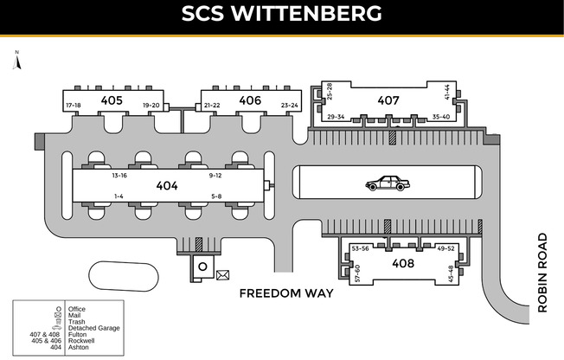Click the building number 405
112,100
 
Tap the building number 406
250,100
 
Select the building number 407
388,100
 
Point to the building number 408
403,263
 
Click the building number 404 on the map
167,186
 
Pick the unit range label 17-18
74,106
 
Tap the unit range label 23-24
290,106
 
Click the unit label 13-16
119,176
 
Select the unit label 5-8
216,196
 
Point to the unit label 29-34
336,117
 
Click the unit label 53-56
360,248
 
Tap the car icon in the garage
388,183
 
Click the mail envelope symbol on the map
222,275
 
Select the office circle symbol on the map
203,267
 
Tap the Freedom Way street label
286,293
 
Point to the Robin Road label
542,273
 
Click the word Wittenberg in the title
306,13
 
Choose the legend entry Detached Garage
94,328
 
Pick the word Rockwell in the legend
81,341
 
